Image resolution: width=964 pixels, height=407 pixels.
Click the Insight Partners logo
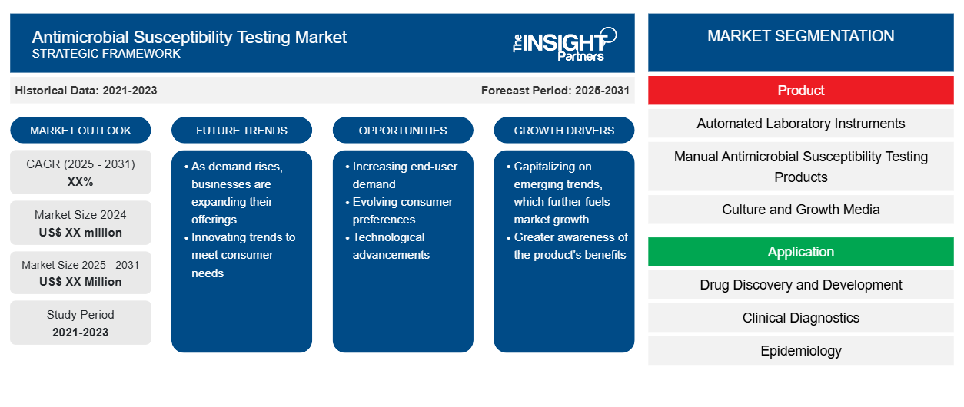(564, 44)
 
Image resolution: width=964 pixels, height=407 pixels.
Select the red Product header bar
(800, 91)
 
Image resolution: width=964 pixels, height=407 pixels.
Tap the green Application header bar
(800, 251)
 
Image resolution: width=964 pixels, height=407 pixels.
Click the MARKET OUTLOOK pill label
(81, 131)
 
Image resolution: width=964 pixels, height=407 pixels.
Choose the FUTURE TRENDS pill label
(241, 131)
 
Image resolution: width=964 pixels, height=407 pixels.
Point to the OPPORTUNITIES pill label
(403, 131)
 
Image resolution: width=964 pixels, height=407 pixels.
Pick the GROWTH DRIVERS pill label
(563, 131)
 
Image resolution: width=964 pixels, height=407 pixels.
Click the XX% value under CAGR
(81, 182)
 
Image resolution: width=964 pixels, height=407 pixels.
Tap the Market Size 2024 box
(81, 223)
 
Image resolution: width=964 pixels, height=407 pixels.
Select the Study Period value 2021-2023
(81, 333)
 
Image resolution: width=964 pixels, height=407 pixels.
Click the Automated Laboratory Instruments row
(800, 124)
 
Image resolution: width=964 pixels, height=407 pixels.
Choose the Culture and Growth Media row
(800, 210)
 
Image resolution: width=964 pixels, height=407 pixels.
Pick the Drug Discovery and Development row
(800, 284)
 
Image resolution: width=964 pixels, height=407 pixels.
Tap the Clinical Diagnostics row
(800, 318)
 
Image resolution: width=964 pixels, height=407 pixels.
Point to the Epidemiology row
(800, 351)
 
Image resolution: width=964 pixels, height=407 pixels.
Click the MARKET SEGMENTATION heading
(800, 36)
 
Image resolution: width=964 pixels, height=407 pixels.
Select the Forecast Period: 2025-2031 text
(555, 91)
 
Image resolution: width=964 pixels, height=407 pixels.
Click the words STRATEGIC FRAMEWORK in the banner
(106, 54)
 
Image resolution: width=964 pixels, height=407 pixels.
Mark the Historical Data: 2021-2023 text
(86, 91)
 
